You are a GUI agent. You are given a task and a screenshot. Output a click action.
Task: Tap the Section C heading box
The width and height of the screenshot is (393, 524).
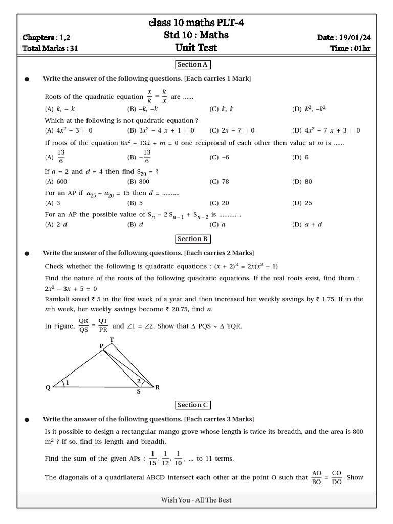coord(193,405)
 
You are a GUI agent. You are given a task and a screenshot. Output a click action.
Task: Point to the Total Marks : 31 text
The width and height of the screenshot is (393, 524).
coord(50,49)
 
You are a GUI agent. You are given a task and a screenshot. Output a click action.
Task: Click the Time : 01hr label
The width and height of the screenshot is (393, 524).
coord(351,49)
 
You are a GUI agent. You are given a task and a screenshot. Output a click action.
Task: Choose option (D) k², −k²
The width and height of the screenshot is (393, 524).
coord(309,109)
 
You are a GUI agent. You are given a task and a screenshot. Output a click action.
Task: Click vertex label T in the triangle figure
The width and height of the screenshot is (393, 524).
coord(112,340)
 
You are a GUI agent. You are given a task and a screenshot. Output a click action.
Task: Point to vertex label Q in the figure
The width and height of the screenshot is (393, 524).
coord(48,388)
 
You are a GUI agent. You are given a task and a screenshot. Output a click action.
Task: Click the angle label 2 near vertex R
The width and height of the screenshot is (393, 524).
coord(138,381)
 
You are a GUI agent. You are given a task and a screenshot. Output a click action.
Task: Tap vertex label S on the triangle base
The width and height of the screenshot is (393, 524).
coord(138,392)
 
